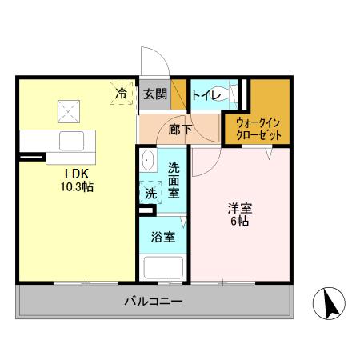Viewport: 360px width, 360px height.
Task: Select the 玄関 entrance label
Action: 154,94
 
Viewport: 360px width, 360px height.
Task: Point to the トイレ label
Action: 204,94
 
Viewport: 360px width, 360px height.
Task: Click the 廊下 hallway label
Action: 178,126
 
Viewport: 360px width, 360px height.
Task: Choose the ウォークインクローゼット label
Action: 258,128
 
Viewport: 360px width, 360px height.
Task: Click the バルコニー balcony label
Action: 154,302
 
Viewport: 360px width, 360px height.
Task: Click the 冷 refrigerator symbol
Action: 122,94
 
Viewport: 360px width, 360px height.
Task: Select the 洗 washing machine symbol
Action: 150,193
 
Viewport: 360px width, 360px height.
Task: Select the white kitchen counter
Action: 56,140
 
